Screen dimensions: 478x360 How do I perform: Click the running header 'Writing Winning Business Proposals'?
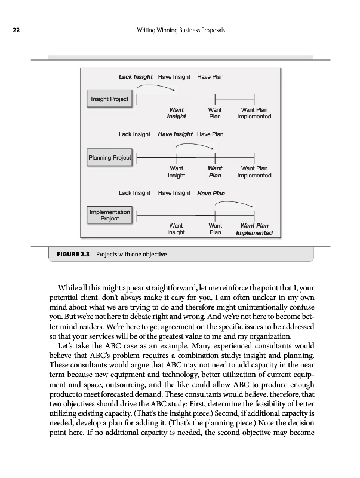pos(180,30)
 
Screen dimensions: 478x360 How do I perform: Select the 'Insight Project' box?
pos(109,99)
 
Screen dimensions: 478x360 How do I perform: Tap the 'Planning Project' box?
pos(109,157)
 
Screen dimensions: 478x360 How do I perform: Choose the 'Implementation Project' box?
pos(109,215)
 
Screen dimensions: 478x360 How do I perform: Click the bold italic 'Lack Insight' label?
pos(136,77)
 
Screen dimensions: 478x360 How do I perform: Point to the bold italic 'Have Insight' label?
pos(176,134)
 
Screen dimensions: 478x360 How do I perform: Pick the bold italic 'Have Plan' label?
pos(211,193)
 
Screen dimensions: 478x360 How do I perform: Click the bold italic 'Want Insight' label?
pos(176,113)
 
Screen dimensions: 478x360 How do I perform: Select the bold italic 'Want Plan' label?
pos(215,171)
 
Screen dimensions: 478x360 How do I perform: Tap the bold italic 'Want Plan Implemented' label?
pos(254,229)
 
